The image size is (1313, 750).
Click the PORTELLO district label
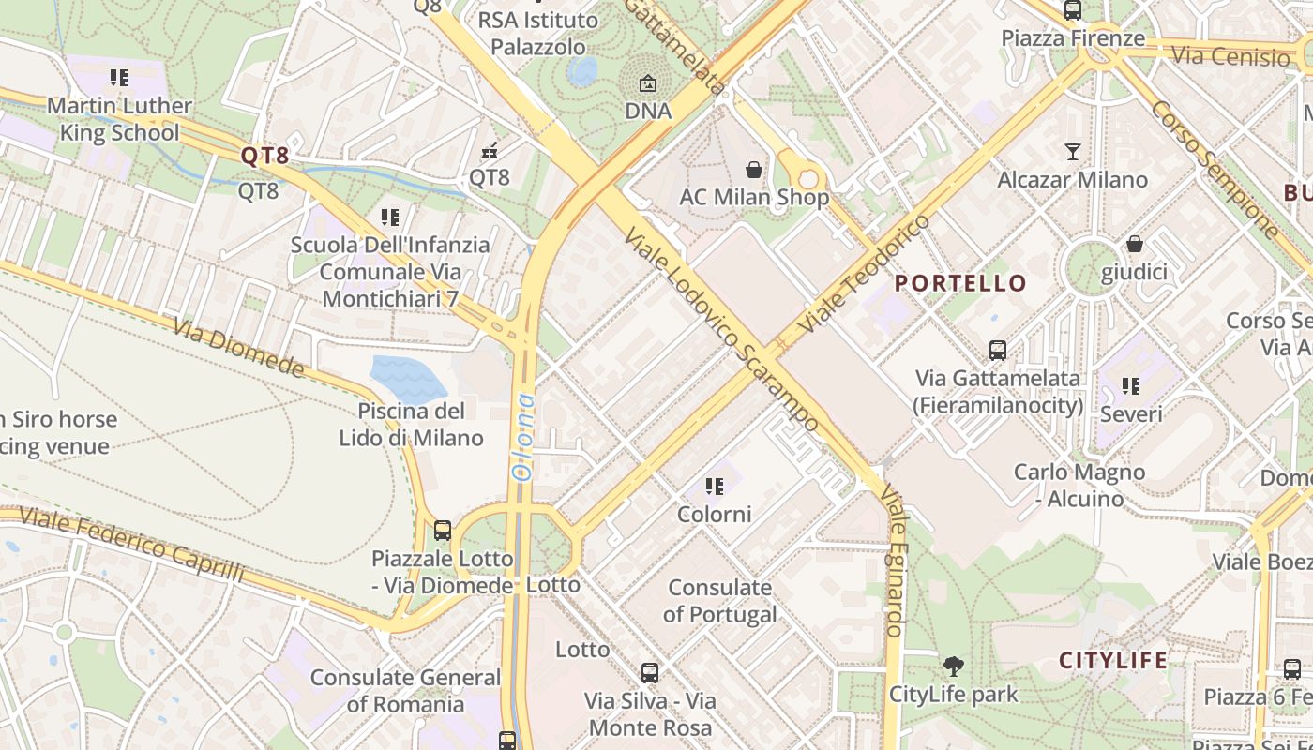point(960,283)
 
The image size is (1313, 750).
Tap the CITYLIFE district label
point(1113,660)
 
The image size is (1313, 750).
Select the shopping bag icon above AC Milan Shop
point(753,170)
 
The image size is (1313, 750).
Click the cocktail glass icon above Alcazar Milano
point(1073,151)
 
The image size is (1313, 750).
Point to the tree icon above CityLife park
point(953,667)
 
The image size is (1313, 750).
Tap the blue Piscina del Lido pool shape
point(408,378)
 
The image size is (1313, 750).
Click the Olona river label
point(523,438)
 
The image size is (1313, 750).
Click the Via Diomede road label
point(239,347)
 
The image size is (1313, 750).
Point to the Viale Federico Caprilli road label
point(131,544)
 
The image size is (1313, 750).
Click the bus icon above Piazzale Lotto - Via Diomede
point(443,531)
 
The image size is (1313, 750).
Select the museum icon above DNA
point(647,83)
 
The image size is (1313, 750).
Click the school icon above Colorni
point(715,487)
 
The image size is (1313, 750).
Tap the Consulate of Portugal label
point(720,601)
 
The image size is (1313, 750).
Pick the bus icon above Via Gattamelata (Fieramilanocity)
point(998,351)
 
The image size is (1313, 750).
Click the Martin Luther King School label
point(119,119)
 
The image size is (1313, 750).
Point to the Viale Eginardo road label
point(896,562)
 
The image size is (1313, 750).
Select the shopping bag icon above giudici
point(1135,244)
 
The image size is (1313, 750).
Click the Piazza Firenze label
point(1073,38)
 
